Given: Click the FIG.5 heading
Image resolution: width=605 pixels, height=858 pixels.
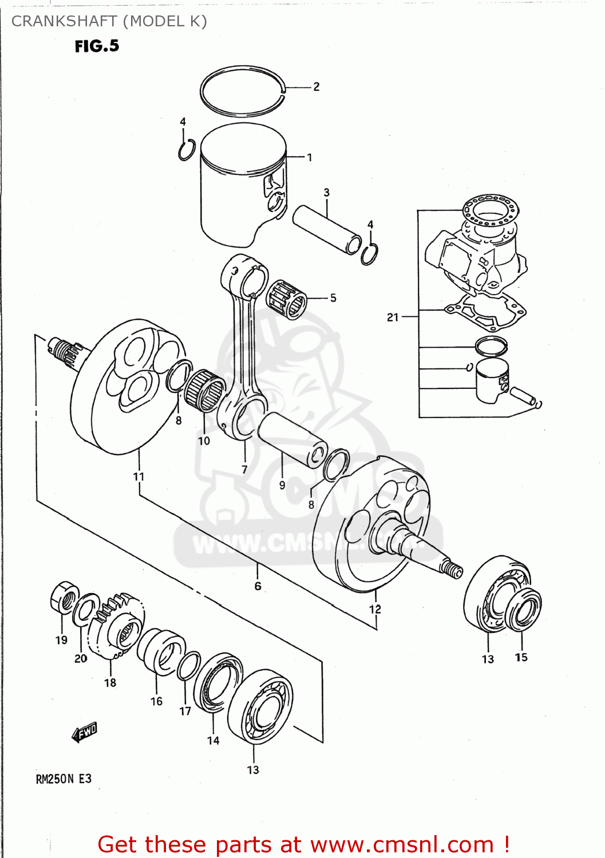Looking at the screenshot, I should (97, 46).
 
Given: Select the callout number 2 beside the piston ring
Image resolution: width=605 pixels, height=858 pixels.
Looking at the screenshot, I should (316, 87).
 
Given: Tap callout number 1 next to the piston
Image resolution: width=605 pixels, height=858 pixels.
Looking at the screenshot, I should (309, 157).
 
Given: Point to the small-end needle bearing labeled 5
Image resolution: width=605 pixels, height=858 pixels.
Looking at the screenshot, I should (287, 299).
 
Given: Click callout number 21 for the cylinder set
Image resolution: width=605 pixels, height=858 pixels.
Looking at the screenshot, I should (393, 317).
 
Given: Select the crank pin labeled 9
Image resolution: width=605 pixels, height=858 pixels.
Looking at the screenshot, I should (292, 440).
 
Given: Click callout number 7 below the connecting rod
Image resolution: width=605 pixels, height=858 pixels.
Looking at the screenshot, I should (244, 470).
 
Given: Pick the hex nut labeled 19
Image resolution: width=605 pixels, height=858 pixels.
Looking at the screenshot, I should (64, 598).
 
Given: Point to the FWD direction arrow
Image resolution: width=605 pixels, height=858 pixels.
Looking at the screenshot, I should (84, 732).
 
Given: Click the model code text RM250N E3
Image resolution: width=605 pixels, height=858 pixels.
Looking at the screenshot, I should (64, 779).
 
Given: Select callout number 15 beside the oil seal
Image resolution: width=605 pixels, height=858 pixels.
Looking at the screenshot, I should (521, 657).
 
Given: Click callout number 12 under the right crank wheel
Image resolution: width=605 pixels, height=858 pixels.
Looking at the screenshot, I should (375, 609).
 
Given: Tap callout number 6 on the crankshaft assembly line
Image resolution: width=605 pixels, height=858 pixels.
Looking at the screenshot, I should (258, 586).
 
